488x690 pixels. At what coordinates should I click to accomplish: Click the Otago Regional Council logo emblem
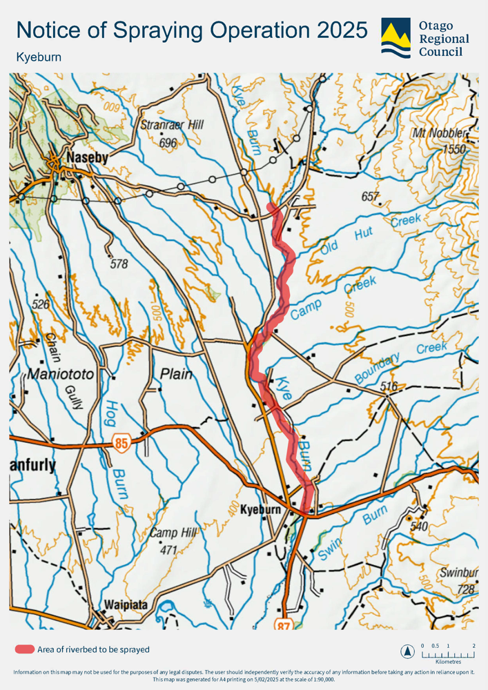(396, 38)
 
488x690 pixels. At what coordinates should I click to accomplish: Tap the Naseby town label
(86, 158)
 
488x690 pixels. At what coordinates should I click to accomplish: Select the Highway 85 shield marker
(121, 444)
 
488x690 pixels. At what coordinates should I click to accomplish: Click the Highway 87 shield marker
(284, 624)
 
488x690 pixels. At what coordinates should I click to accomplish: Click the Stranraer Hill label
(172, 126)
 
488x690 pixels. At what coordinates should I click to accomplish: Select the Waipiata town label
(126, 604)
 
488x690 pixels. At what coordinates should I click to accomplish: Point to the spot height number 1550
(455, 149)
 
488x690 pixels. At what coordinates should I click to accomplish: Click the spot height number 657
(371, 197)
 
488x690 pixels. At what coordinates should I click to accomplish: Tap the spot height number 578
(119, 264)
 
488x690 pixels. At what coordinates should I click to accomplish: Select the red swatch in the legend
(25, 649)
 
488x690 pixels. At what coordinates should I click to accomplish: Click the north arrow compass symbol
(408, 651)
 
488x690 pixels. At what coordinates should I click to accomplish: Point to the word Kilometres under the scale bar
(448, 661)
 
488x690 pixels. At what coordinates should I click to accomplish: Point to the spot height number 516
(389, 387)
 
